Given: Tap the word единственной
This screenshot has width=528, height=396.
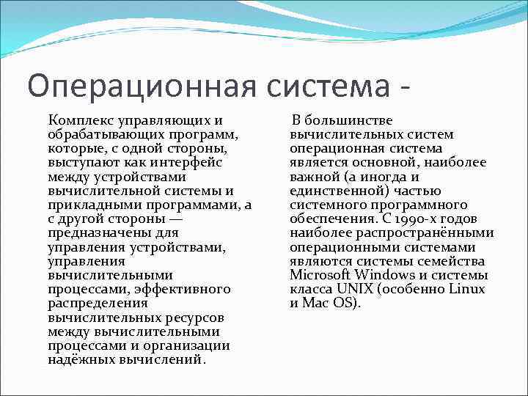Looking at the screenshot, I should [x=334, y=191].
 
